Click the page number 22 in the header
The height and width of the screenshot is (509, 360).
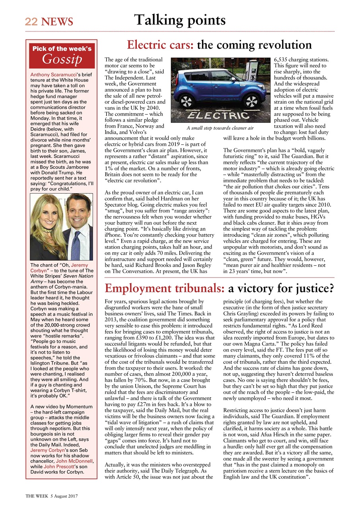point(30,21)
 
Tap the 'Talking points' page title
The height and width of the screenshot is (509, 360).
point(180,19)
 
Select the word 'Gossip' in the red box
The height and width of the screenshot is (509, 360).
point(62,59)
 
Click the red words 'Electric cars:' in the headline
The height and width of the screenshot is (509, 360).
point(160,45)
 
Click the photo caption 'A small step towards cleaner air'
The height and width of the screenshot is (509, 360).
point(220,128)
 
